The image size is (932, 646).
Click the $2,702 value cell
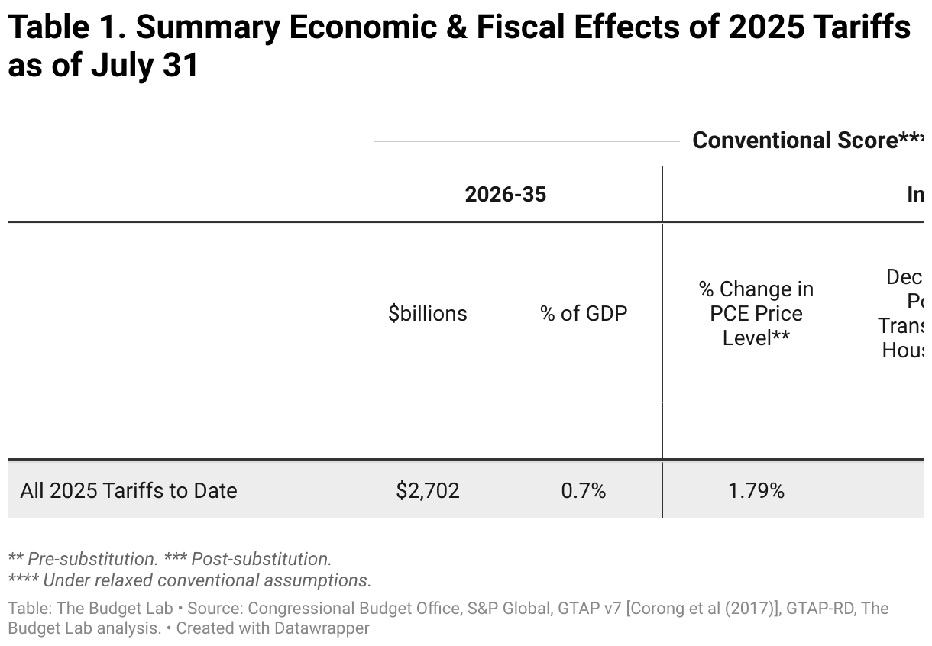(x=428, y=490)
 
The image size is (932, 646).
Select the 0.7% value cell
(x=583, y=490)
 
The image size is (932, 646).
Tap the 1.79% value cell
(x=756, y=490)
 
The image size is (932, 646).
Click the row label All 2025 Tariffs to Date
(x=128, y=490)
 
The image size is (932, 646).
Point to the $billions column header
(x=427, y=313)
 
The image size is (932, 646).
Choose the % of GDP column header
(x=583, y=313)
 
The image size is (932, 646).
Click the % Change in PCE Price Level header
(x=756, y=313)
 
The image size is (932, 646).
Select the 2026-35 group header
(x=505, y=195)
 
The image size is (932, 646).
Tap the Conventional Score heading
(x=794, y=141)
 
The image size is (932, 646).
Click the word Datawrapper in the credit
(x=326, y=628)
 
